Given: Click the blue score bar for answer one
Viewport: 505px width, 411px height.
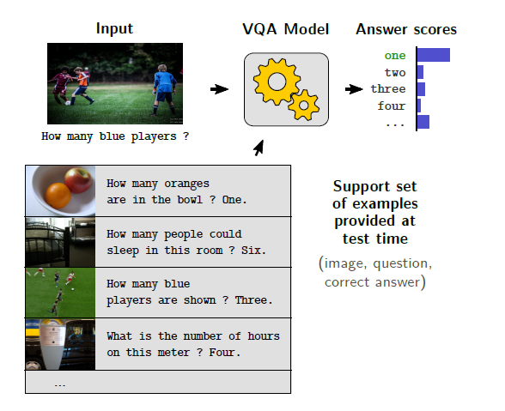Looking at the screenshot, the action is coord(434,55).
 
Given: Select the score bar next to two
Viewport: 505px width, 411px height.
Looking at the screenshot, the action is coord(420,72).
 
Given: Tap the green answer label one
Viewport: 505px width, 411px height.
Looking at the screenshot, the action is coord(395,56).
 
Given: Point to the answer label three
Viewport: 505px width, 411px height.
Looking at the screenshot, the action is coord(388,88).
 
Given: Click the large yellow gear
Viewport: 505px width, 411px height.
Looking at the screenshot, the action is coord(277,82).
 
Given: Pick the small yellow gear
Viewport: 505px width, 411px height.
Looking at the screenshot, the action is coord(304,106).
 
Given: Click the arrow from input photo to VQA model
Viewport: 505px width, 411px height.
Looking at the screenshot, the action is coord(219,89).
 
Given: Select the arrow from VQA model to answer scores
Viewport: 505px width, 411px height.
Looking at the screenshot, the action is coord(354,89).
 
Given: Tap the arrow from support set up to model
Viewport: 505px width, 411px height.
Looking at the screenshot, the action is coord(259,148).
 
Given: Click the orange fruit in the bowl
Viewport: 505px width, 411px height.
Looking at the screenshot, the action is coord(58,195).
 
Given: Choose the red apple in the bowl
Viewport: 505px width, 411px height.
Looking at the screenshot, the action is coord(78,180).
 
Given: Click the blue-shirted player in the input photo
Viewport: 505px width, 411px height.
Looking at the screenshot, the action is coord(164,90).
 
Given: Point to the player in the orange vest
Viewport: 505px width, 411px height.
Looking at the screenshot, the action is coord(82,85).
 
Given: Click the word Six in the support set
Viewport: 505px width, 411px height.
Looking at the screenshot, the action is coord(254,250).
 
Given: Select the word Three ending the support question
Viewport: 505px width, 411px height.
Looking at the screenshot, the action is coord(254,300).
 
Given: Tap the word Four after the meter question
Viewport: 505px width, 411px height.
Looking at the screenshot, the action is coord(225,353).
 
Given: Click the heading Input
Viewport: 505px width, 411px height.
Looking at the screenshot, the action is coord(114,29).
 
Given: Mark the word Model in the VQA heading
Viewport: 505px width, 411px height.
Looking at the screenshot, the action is coord(307,29).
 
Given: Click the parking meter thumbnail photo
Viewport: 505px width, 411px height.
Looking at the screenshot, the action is coord(60,344).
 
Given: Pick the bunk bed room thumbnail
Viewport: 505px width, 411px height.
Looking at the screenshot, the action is coord(60,242).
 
